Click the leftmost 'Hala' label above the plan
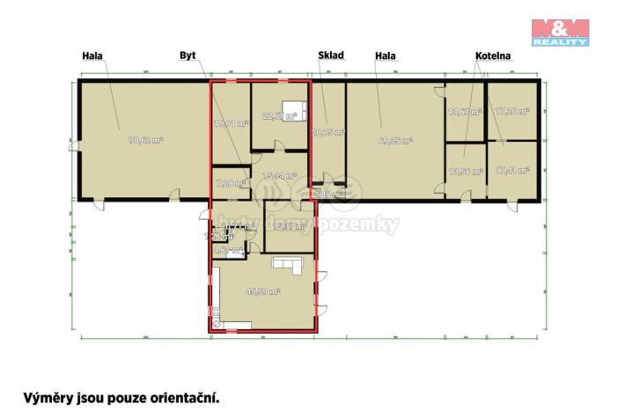click(92, 56)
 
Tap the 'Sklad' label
click(330, 56)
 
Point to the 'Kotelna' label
click(493, 56)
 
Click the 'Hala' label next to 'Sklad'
click(385, 56)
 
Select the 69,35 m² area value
click(395, 139)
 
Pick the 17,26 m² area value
click(511, 112)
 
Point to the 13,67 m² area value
click(465, 112)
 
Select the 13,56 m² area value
click(465, 172)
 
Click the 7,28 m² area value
click(228, 183)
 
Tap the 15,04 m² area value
click(279, 175)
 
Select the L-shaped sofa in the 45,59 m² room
click(288, 265)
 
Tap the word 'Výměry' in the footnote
click(48, 397)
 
